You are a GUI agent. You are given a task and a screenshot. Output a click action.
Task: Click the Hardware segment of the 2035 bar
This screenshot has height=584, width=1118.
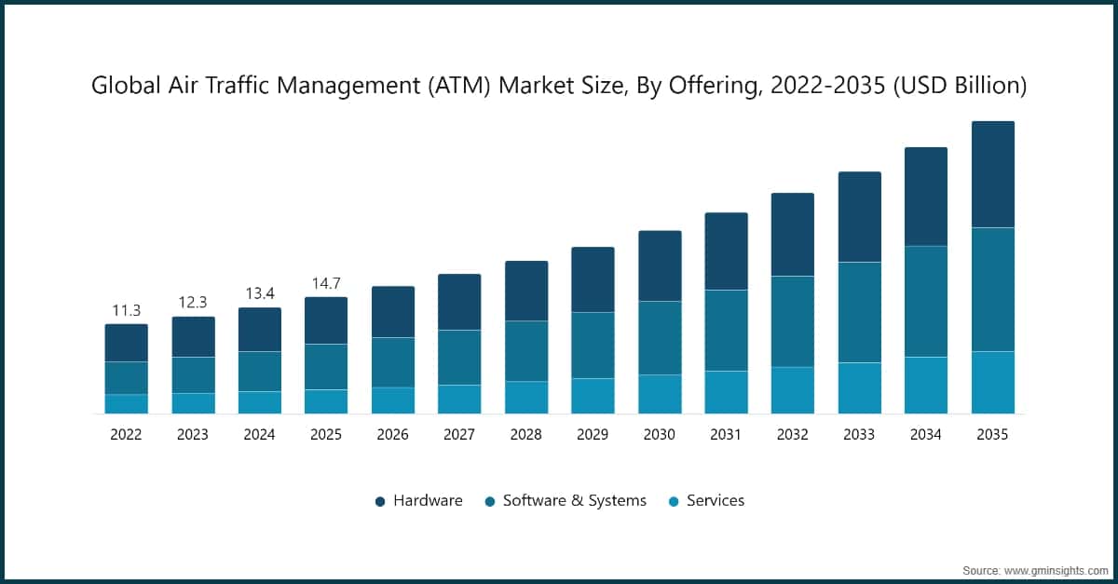(x=992, y=174)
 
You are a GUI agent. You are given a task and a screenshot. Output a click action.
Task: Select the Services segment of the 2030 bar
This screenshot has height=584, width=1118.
(x=660, y=394)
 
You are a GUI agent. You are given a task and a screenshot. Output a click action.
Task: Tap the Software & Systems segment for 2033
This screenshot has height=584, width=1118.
(x=859, y=312)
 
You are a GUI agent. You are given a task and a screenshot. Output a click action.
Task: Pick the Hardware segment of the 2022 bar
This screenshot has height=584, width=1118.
(x=126, y=343)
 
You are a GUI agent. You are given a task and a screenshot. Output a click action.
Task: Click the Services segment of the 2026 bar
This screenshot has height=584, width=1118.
(x=393, y=401)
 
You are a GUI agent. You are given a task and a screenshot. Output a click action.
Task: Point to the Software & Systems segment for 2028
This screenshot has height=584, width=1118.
(x=526, y=351)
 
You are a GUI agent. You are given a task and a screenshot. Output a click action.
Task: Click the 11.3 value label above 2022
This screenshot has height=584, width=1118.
(x=126, y=310)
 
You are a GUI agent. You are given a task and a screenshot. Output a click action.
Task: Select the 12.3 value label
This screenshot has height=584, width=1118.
(x=193, y=303)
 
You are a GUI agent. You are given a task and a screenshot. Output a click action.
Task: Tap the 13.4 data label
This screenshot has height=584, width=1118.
(x=259, y=293)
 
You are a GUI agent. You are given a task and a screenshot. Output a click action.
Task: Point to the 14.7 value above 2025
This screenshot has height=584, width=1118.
(x=326, y=283)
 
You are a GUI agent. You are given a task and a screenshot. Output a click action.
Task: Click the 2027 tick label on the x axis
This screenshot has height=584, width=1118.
(x=459, y=434)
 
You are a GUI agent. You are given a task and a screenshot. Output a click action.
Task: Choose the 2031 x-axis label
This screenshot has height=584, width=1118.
(x=726, y=434)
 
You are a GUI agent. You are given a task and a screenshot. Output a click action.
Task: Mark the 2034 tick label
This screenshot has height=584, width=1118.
(x=926, y=434)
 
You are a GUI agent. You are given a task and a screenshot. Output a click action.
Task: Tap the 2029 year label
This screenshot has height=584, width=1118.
(x=593, y=434)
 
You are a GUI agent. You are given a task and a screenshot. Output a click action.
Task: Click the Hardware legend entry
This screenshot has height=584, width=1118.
(x=418, y=500)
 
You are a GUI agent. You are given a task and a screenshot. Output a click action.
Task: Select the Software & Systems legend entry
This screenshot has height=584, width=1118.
(x=565, y=500)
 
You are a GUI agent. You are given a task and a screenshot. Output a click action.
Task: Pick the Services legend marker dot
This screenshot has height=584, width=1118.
(x=674, y=501)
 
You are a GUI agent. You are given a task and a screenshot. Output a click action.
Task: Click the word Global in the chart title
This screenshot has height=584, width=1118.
(x=124, y=86)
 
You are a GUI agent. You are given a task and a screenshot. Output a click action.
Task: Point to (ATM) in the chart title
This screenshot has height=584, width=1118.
(x=459, y=86)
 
